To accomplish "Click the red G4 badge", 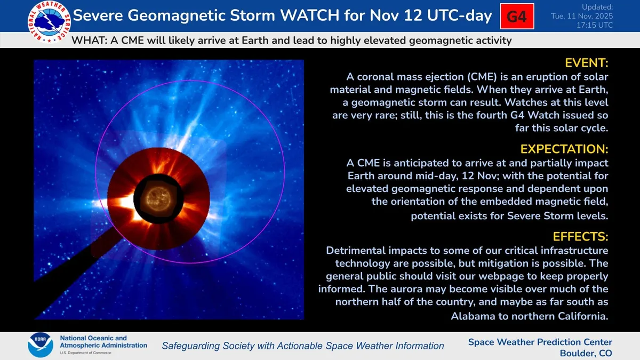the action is click(x=517, y=17).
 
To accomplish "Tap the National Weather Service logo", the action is click(x=49, y=22).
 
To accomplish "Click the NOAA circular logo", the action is click(x=41, y=345).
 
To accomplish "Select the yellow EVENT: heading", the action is click(x=587, y=63).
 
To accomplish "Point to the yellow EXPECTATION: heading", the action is click(x=564, y=149).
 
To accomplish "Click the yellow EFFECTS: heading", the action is click(x=581, y=237).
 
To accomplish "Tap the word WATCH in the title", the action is click(x=310, y=15).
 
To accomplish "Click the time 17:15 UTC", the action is click(x=595, y=26).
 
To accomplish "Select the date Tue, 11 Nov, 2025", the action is click(x=582, y=16).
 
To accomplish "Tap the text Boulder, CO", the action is click(x=586, y=354).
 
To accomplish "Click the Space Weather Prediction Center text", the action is click(x=540, y=342).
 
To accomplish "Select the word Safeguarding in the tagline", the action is click(x=191, y=346).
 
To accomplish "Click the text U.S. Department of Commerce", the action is click(x=85, y=353).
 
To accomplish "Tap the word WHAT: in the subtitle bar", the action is click(x=90, y=41).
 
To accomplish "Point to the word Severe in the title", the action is click(x=98, y=15).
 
